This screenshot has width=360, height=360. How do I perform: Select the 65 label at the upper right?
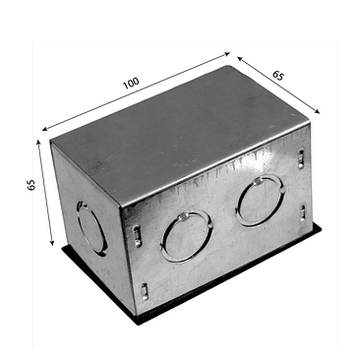[x=279, y=76]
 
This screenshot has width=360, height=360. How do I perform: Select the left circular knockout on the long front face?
[x=182, y=238]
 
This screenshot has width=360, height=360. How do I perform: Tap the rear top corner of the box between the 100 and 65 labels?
[x=235, y=67]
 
